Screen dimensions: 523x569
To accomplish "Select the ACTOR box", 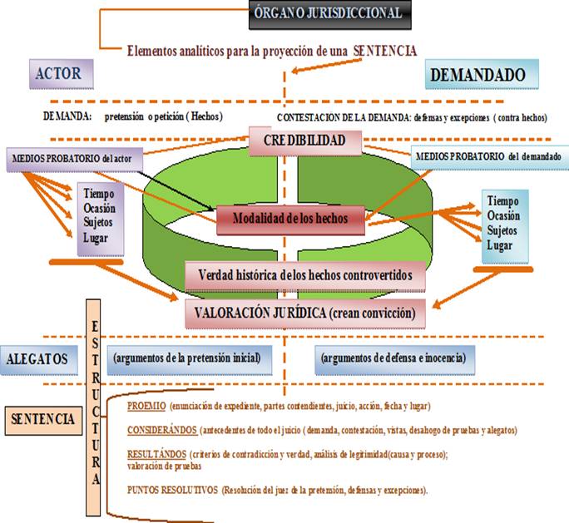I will (60, 74).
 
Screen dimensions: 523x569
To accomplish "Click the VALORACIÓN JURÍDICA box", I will (307, 313).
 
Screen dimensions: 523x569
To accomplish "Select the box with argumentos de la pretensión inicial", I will (187, 358).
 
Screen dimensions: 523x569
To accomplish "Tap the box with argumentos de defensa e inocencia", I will (394, 358).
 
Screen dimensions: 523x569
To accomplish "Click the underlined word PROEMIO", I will (146, 407).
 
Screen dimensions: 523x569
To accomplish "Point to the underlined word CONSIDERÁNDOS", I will (162, 430).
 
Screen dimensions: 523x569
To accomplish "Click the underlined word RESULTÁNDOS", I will (156, 454).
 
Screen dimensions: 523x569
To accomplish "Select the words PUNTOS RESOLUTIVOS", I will (172, 490).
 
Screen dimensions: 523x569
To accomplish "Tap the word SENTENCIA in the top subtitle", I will (385, 51).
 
